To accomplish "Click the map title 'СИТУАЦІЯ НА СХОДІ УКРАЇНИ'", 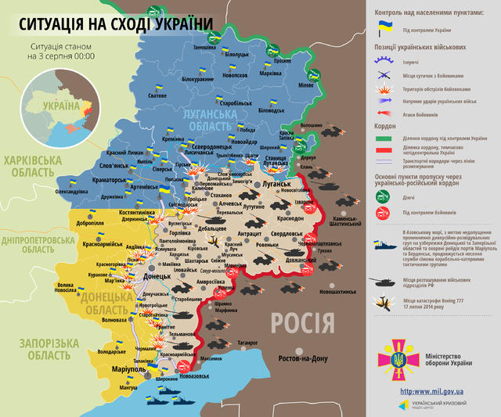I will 110,23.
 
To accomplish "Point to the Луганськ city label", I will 276,182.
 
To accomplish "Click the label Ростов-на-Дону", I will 308,358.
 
